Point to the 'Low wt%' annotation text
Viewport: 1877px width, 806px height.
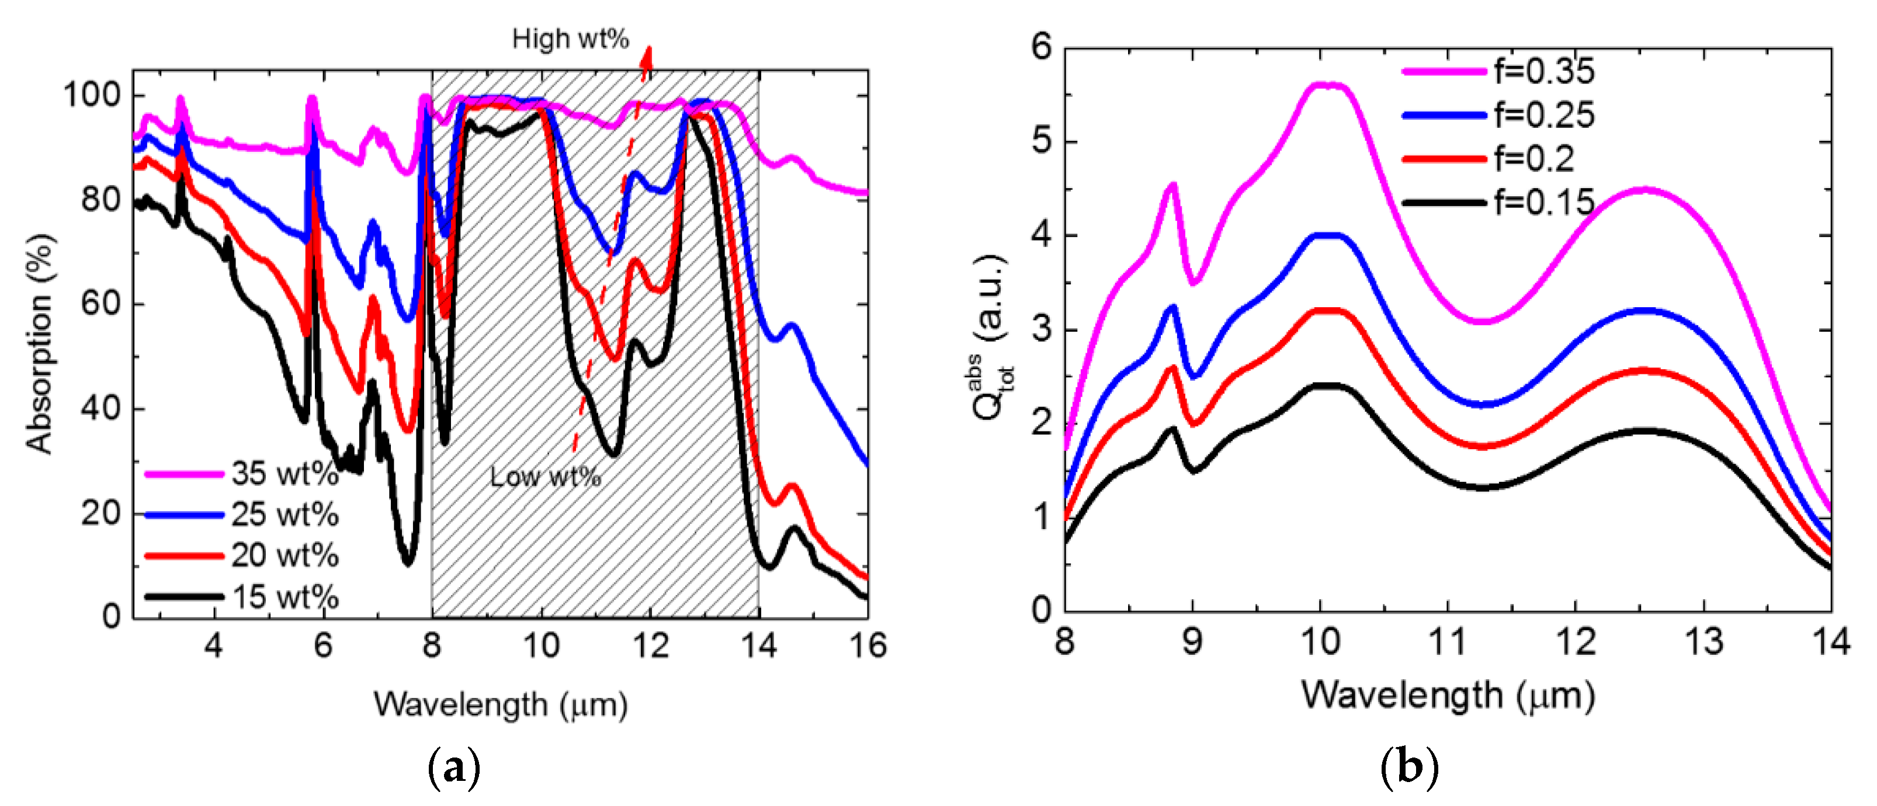(x=545, y=477)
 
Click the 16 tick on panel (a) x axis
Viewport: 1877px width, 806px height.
(x=867, y=645)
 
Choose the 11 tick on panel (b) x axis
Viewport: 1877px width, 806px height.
(x=1447, y=642)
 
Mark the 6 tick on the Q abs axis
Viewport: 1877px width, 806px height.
(x=1042, y=47)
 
